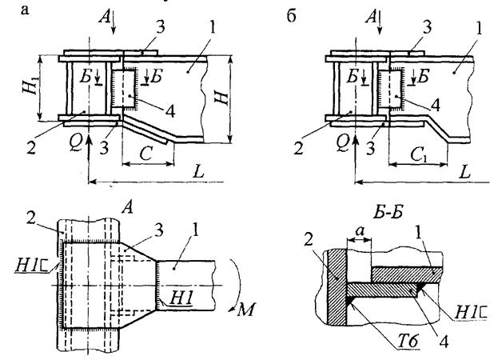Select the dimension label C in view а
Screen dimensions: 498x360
[x=147, y=154]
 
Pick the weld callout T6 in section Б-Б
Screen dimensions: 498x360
[x=408, y=342]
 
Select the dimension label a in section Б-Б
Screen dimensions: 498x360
[x=359, y=232]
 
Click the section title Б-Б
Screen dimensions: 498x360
[x=388, y=212]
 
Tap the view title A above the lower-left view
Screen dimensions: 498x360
[x=127, y=208]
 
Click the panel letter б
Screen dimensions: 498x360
[x=291, y=15]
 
